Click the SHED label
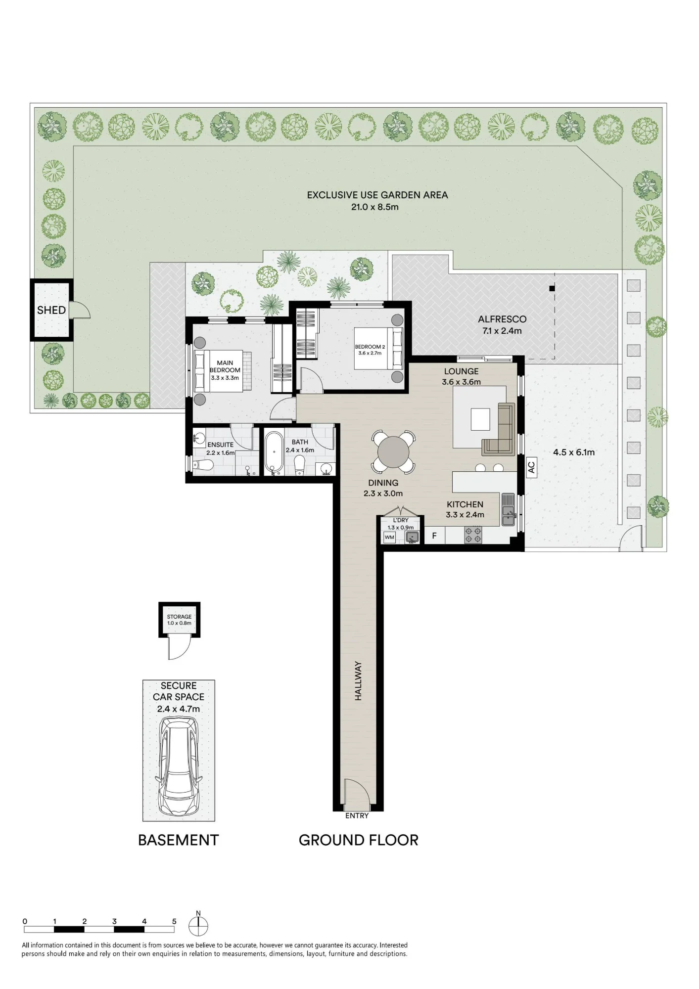coord(51,310)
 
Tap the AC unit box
coord(531,467)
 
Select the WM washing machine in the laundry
coord(390,537)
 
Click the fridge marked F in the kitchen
coord(435,536)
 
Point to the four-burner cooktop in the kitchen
coord(473,536)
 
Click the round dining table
coord(394,451)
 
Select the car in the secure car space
coord(179,766)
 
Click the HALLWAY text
coord(358,681)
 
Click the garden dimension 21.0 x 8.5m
coord(375,207)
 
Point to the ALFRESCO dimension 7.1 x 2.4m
coord(502,331)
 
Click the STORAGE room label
coord(179,617)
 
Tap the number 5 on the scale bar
coord(174,921)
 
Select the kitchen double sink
coord(508,509)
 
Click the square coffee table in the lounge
coord(480,419)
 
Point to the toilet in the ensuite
coord(203,465)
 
